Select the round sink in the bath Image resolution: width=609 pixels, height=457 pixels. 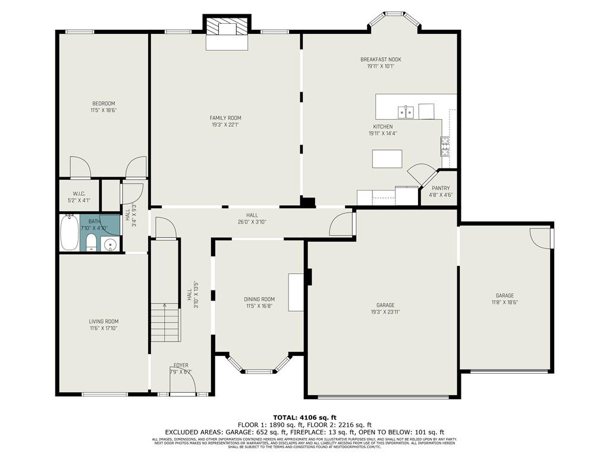point(109,243)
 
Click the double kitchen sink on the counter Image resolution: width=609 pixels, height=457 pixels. point(406,111)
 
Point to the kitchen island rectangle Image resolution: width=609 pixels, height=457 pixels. point(387,158)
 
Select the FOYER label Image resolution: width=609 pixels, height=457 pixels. point(181,365)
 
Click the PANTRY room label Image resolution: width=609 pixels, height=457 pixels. point(441,188)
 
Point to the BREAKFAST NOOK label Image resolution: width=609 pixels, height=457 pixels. point(381,60)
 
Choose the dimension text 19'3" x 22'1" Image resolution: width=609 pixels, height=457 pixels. point(226,125)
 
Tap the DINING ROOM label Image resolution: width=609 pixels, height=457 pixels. point(259,299)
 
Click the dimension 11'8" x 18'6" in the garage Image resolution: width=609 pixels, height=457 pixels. point(504,302)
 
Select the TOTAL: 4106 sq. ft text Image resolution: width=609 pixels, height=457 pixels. point(304,417)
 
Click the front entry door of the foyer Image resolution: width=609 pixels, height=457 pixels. point(183,387)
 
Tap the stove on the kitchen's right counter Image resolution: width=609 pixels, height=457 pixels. point(444,146)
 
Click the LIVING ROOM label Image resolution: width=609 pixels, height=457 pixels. point(103,321)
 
